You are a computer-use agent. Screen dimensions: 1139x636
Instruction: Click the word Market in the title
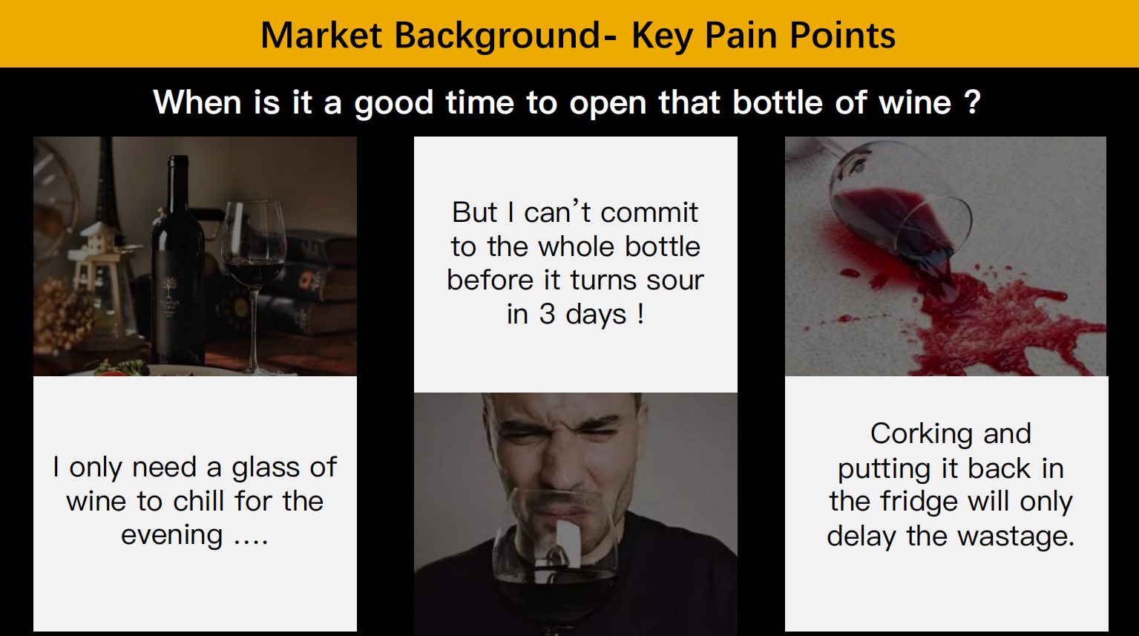pyautogui.click(x=321, y=35)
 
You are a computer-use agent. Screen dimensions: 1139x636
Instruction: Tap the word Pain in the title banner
pyautogui.click(x=741, y=35)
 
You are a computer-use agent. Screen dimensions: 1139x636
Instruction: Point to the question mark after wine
pyautogui.click(x=972, y=102)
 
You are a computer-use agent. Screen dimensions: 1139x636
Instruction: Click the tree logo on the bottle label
pyautogui.click(x=168, y=288)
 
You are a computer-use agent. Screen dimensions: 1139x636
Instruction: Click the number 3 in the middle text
pyautogui.click(x=547, y=314)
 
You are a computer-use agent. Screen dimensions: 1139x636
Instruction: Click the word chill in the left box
pyautogui.click(x=198, y=501)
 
